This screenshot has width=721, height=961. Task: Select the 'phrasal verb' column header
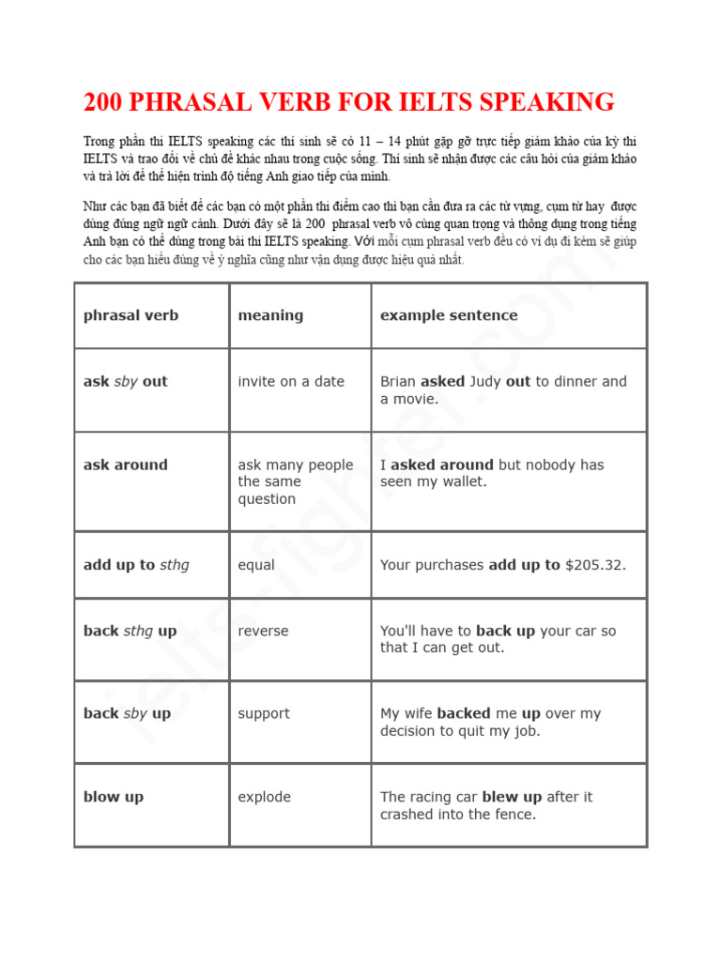pos(130,315)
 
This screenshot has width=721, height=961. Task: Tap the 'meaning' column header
pos(270,315)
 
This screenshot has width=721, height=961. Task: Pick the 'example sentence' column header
pos(449,315)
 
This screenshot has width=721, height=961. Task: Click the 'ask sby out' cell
pos(125,382)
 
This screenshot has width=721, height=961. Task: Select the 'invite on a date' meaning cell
pos(291,382)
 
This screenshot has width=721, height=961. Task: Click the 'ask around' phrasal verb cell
pos(125,465)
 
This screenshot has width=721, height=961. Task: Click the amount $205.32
pos(594,565)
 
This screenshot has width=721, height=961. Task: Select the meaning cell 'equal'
pos(256,565)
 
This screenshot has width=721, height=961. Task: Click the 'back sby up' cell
pos(127,713)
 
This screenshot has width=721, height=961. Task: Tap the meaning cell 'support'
pos(264,713)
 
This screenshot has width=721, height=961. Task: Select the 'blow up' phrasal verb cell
pos(114,797)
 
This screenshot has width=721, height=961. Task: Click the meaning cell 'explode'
pos(265,797)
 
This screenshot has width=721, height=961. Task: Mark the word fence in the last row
pos(514,815)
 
